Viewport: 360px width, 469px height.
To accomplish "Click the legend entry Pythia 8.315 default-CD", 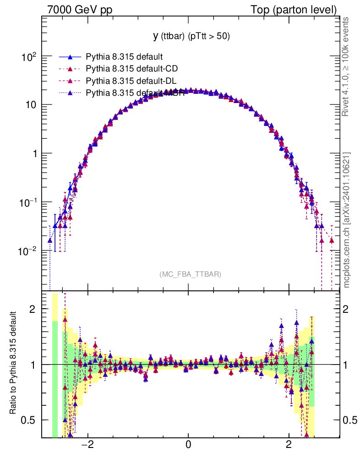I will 132,69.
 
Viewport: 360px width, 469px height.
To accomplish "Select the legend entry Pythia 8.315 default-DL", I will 131,81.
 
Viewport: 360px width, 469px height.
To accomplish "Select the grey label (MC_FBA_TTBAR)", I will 191,274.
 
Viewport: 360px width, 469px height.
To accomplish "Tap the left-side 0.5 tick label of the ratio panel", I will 30,420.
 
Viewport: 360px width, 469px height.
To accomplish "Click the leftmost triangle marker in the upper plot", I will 50,240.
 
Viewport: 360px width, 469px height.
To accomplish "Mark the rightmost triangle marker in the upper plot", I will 332,240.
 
